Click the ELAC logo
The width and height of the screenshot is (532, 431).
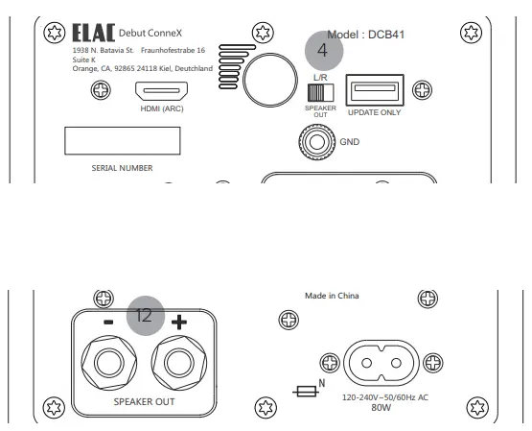(92, 36)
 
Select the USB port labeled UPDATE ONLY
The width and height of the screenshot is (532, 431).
(375, 91)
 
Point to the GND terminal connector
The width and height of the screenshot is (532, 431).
(315, 140)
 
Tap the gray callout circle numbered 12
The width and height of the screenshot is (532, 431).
(145, 314)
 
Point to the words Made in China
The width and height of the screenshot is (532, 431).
(333, 296)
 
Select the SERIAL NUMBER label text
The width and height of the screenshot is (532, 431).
(122, 168)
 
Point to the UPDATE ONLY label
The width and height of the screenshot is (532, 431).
(374, 112)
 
